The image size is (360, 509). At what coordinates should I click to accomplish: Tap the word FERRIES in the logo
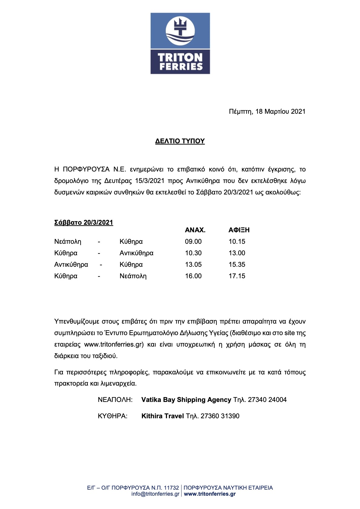tap(181, 67)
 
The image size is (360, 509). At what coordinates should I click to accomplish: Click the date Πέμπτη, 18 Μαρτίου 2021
tap(267, 112)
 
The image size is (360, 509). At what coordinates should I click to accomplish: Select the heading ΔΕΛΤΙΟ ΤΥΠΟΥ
tap(180, 141)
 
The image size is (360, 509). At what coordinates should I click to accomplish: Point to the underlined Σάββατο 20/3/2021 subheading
tap(83, 223)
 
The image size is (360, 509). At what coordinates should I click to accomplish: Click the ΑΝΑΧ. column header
tap(195, 230)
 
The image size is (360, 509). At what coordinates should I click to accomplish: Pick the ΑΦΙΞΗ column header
tap(239, 230)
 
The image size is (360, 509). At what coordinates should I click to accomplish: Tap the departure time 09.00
tap(193, 242)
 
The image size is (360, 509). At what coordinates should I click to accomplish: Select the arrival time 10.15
tap(237, 242)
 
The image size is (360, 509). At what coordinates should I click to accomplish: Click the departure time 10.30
tap(193, 253)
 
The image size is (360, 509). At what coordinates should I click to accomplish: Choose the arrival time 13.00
tap(237, 253)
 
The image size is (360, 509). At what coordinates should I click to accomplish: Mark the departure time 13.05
tap(193, 265)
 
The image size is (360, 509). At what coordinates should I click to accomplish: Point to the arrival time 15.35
tap(237, 265)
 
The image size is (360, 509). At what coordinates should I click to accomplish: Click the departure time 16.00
tap(193, 276)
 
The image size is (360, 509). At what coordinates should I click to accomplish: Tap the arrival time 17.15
tap(237, 276)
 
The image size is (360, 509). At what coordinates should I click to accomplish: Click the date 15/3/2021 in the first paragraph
tap(150, 181)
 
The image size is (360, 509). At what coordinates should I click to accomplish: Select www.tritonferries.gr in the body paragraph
tap(114, 344)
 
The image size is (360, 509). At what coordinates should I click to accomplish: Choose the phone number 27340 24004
tap(267, 400)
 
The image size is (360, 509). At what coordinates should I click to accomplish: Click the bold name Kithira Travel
tap(162, 416)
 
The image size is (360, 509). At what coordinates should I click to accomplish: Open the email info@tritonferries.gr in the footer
tap(155, 494)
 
